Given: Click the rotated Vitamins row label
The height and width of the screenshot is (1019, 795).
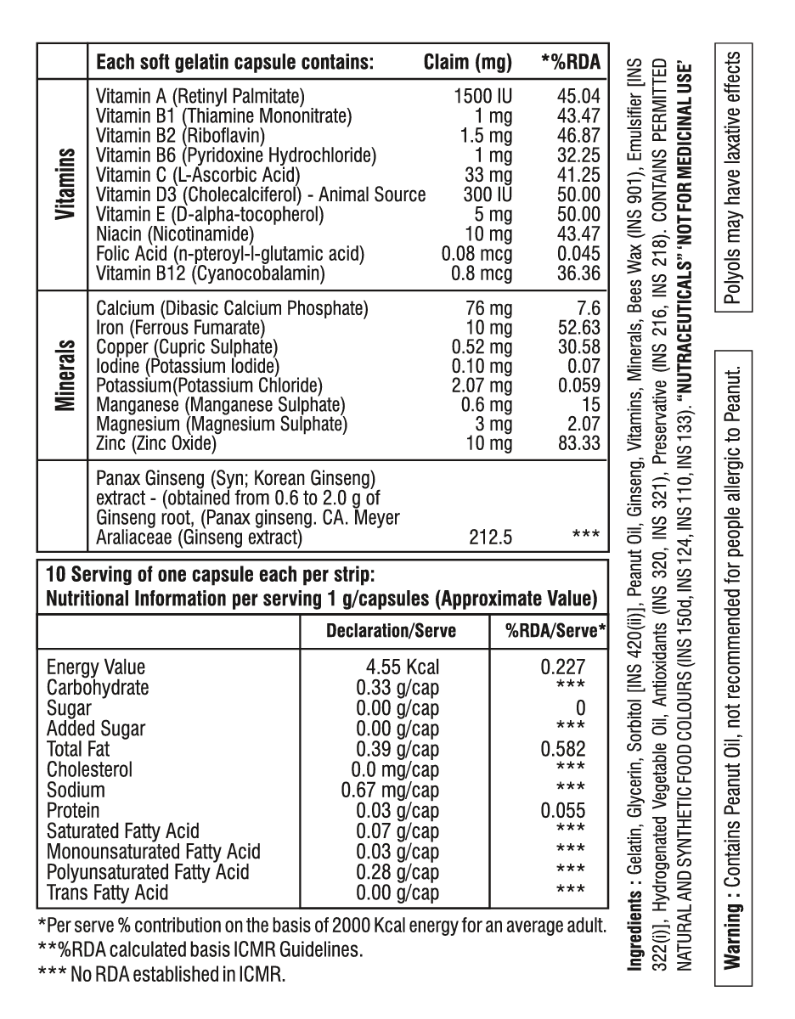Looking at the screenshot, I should coord(63,186).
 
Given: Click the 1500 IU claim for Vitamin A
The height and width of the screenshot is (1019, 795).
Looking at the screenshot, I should coord(484,94).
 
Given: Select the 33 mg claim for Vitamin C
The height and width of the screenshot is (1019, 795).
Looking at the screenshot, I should coord(490,174).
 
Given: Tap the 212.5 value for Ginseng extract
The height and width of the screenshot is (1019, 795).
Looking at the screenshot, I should coord(492,537).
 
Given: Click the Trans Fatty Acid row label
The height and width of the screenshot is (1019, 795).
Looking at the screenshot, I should coord(107,892).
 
